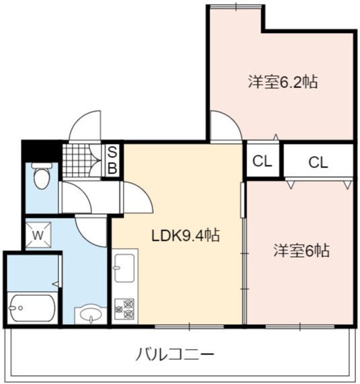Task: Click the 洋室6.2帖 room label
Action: pos(283,82)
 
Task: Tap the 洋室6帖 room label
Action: pos(302,250)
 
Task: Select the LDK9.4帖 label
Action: pos(185,235)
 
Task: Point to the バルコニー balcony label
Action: pos(175,354)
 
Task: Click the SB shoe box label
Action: pos(112,161)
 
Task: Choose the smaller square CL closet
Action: pos(263,161)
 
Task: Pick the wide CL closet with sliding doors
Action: pos(318,161)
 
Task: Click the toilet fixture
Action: pos(42,176)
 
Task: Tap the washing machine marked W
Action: pos(38,235)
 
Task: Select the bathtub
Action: pos(32,308)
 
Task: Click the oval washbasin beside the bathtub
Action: pos(91,313)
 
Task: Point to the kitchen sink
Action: pos(124,268)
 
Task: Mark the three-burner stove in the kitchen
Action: pos(124,309)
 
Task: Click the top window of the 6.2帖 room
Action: pos(236,7)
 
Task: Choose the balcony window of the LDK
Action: pos(189,326)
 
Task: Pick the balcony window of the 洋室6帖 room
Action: pos(300,326)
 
